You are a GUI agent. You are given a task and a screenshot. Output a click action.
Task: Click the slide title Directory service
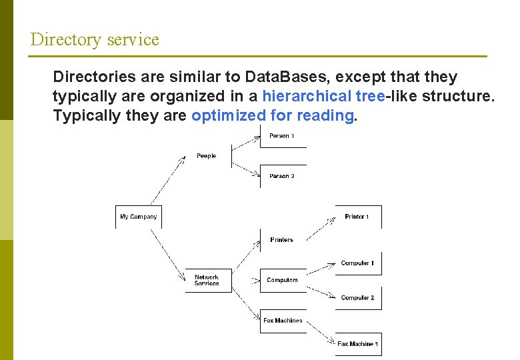tap(95, 39)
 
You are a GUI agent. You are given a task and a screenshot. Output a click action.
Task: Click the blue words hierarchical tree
tap(323, 96)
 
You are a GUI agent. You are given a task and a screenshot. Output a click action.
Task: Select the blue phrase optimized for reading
tap(272, 115)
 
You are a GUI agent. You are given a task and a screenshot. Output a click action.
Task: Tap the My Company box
tap(139, 217)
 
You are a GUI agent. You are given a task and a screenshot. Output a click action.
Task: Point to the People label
tap(207, 156)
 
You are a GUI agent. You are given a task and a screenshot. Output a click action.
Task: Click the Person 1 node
tap(282, 136)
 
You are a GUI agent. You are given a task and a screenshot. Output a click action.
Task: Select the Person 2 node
tap(282, 176)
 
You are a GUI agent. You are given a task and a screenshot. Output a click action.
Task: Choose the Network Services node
tap(207, 280)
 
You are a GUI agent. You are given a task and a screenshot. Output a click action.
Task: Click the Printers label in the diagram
tap(282, 239)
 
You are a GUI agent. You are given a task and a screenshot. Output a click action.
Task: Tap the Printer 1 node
tap(357, 217)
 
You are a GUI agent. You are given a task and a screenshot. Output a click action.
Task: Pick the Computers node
tap(283, 280)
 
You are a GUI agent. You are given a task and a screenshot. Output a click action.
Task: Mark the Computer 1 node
tap(357, 263)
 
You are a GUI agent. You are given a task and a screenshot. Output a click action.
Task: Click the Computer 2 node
tap(357, 298)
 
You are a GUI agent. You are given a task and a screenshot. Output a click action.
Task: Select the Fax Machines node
tap(283, 321)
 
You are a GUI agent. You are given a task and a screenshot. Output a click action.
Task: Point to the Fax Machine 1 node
tap(357, 344)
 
